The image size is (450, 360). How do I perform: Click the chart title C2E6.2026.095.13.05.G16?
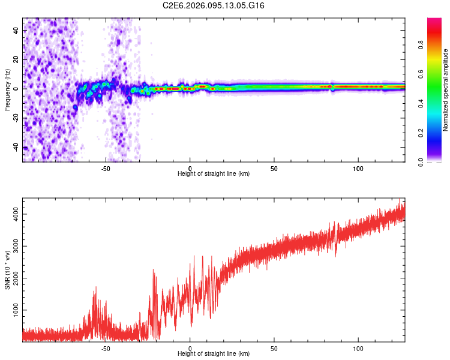coord(214,5)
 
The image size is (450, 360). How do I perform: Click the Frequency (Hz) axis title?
coord(7,90)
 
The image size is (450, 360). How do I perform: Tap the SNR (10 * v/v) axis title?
coord(7,270)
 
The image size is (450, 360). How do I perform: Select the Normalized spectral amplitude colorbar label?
coord(446,90)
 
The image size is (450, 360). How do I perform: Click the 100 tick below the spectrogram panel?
coord(358,168)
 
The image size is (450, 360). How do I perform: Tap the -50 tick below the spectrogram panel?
coord(106,168)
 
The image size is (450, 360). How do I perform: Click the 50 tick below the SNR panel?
coord(274,348)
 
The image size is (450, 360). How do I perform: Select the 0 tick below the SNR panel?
coord(190,348)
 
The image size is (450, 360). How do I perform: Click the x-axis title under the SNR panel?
coord(214,354)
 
